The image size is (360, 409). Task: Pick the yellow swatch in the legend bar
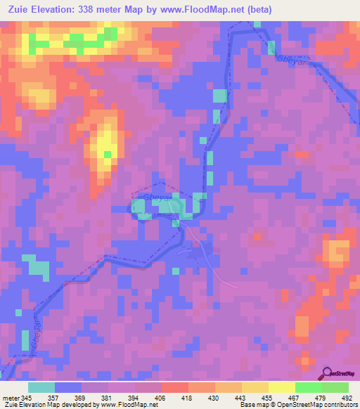(x=281, y=387)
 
